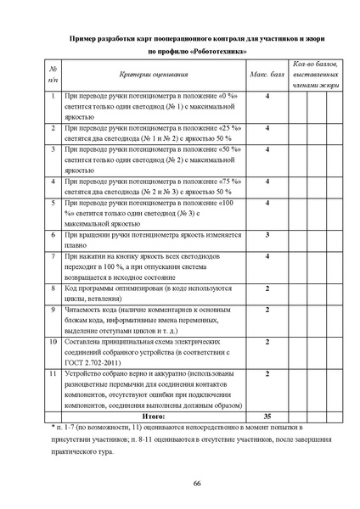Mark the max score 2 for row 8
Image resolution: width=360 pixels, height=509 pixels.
tap(268, 289)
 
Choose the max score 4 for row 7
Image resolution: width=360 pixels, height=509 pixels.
tap(268, 255)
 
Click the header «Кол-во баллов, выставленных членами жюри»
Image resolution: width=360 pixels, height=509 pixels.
tap(315, 75)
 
